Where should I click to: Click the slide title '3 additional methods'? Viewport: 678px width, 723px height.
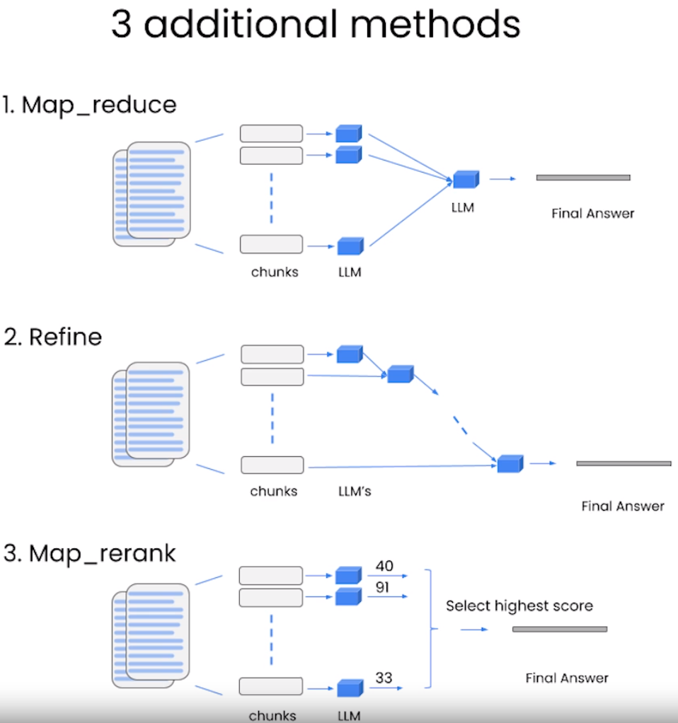pos(316,25)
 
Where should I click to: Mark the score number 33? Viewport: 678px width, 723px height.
pos(384,678)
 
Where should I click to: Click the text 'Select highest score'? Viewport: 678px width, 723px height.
pos(519,606)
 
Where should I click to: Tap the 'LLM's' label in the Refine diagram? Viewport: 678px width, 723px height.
pos(355,491)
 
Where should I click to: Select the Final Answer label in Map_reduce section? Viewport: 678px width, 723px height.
pos(592,213)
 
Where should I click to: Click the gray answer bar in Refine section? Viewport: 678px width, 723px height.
pos(624,463)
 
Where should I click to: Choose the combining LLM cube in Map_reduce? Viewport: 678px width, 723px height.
pos(466,179)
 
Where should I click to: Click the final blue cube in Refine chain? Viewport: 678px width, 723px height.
pos(510,463)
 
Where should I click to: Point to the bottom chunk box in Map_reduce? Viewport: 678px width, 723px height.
pos(271,244)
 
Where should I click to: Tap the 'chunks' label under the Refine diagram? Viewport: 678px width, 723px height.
pos(273,491)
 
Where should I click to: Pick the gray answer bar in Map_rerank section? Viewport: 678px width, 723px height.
pos(559,629)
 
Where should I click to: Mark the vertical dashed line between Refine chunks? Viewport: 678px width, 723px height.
pos(272,419)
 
